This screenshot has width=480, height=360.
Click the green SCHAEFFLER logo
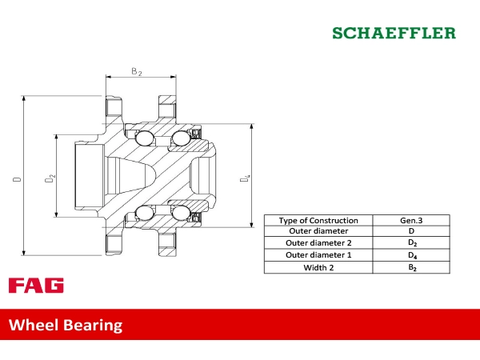(394, 33)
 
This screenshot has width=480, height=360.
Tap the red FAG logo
(36, 286)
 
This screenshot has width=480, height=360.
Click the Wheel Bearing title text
(66, 325)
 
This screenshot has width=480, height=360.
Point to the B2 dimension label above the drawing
(137, 72)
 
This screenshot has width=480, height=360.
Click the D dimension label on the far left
(17, 178)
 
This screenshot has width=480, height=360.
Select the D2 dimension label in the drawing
(50, 178)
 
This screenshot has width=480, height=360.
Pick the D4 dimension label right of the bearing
(245, 178)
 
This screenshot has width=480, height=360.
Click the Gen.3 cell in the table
(411, 221)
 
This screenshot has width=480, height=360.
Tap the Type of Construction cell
(318, 221)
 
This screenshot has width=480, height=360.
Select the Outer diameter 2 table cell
(318, 242)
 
